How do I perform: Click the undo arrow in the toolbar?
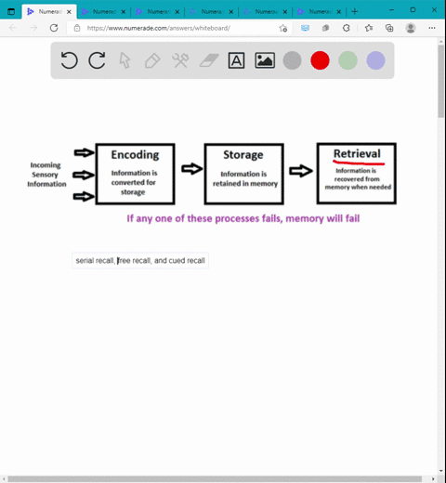69,60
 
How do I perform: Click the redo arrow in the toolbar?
97,60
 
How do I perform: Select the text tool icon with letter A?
237,60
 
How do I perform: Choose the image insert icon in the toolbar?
265,60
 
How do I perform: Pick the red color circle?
320,60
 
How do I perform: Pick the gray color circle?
292,60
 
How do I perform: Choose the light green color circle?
348,60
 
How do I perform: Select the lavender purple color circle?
375,60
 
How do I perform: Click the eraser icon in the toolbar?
208,60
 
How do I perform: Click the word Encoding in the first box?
135,155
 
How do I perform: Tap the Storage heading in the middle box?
243,155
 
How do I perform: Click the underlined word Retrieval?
357,154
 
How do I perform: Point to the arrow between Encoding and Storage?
191,169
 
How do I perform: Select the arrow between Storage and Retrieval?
300,171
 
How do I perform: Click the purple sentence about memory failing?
243,218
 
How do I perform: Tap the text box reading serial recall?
140,261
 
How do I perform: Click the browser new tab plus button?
354,10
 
